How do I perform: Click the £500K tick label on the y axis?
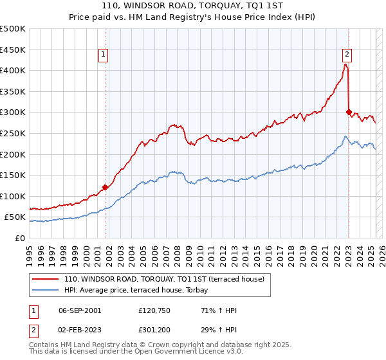tap(13, 29)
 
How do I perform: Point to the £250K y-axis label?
tap(13, 133)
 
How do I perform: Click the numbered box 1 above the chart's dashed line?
tap(103, 55)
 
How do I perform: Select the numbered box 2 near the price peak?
tap(347, 55)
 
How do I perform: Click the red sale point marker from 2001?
tap(106, 187)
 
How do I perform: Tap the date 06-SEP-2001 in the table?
tap(80, 310)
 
